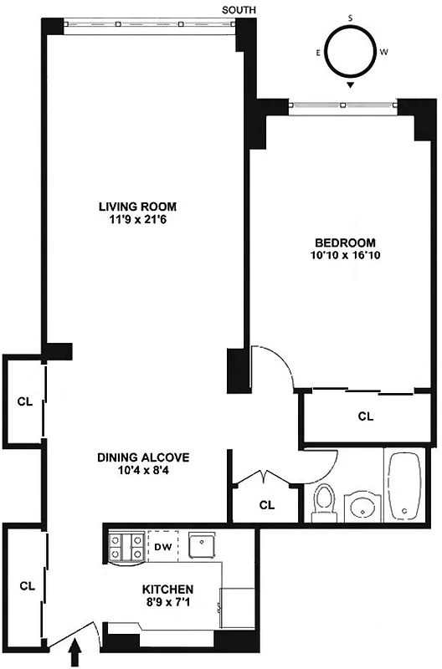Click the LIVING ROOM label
click(x=138, y=207)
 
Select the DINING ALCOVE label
click(x=143, y=457)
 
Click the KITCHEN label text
click(x=168, y=589)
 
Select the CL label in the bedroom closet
click(x=365, y=416)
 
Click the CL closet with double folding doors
click(x=266, y=504)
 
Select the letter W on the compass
click(x=383, y=52)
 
